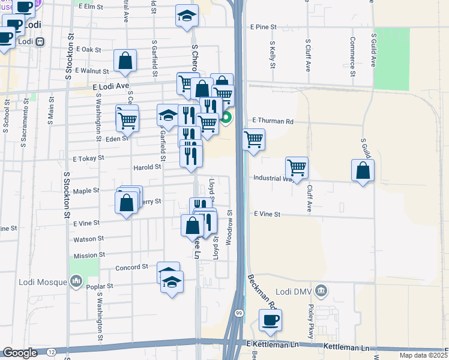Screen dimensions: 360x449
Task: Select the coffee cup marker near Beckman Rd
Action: pos(270,320)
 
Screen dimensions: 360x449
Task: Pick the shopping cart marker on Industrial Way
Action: pos(297,168)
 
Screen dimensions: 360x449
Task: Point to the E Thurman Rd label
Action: pos(273,121)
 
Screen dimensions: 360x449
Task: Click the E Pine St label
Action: pos(264,27)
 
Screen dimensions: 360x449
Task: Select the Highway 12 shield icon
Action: pos(51,351)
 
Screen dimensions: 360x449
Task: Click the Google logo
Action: pos(19,352)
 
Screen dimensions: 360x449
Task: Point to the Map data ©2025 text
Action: pos(423,356)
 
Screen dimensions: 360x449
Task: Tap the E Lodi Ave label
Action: pos(111,86)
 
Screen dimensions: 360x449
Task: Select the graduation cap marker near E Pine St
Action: pos(187,16)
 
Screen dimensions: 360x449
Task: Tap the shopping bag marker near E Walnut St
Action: pos(125,61)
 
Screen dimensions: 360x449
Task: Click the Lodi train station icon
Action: pos(40,42)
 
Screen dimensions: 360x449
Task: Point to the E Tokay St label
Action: pos(88,158)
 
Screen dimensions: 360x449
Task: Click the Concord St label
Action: pos(131,266)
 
